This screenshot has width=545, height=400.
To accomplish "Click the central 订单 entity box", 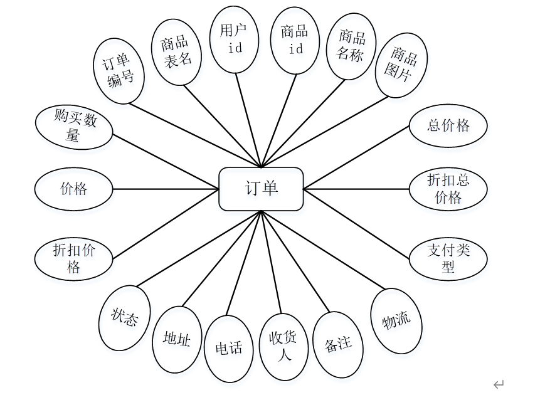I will point(261,189).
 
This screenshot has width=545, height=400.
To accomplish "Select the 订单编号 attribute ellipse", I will point(120,70).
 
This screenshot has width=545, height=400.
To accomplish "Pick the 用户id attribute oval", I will point(235,39).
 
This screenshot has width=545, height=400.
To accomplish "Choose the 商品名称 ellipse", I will point(350,45).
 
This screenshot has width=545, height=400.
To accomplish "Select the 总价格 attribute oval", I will point(448,125).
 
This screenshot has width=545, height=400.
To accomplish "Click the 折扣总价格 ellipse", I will point(448,188).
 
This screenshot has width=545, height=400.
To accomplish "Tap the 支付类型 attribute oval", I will point(448,258).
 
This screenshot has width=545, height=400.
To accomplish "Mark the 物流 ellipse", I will point(396,321).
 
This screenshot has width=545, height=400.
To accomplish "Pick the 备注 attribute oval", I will point(338,343).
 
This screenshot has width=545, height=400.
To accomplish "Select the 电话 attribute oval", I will point(229,349).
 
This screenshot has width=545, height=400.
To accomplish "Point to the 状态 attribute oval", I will point(125,318).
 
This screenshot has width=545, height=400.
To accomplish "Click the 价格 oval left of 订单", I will point(74,189).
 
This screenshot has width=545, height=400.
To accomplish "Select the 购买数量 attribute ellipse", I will point(74,127).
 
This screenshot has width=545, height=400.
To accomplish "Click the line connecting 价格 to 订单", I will point(166,189).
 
